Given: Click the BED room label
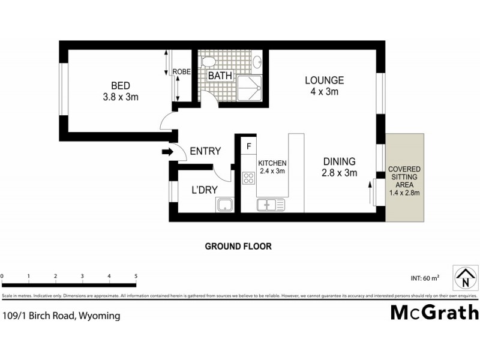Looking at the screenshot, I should (121, 85).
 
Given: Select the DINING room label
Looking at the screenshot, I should (340, 161).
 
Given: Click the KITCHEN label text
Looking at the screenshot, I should (272, 163).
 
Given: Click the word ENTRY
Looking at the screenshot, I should (205, 151).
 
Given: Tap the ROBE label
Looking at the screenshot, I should (182, 72).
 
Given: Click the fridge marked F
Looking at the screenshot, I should (247, 145).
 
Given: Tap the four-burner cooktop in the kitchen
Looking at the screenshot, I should (247, 177).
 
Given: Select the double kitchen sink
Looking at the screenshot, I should (271, 205).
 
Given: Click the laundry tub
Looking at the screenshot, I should (224, 206).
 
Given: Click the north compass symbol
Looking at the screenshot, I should (464, 279).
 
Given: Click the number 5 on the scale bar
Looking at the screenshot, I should (136, 276).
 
